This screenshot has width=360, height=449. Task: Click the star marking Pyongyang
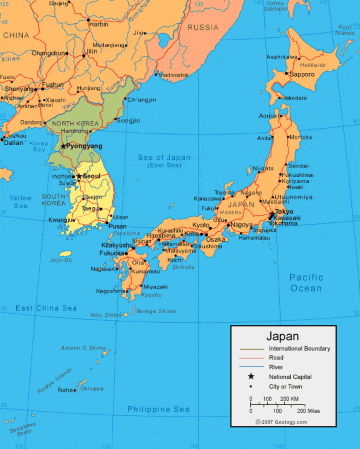pos(64,146)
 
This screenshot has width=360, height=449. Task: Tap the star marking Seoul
pos(79,176)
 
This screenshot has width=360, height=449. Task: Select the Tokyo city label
pos(284,211)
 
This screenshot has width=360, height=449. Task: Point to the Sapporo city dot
pos(286,74)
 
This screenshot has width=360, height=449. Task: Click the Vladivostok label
pos(174,75)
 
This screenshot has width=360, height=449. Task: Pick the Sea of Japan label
pos(164,158)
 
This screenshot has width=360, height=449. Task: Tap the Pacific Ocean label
pos(306,283)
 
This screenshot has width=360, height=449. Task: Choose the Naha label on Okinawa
pos(65,390)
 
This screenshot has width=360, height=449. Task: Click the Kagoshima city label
pos(110,291)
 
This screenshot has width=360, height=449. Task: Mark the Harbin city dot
pos(88,19)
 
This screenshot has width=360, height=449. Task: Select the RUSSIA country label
pos(203,28)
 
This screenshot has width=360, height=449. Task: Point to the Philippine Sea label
pos(159,409)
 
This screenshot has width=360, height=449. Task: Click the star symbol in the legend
pos(251,376)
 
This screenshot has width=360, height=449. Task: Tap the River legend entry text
pos(276,367)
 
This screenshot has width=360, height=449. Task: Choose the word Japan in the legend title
pos(283,336)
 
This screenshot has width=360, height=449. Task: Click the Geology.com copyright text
pos(281,422)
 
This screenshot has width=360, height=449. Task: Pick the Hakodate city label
pos(294,98)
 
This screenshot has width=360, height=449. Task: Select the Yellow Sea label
pos(21,202)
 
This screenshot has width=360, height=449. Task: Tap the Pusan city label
pos(118,226)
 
